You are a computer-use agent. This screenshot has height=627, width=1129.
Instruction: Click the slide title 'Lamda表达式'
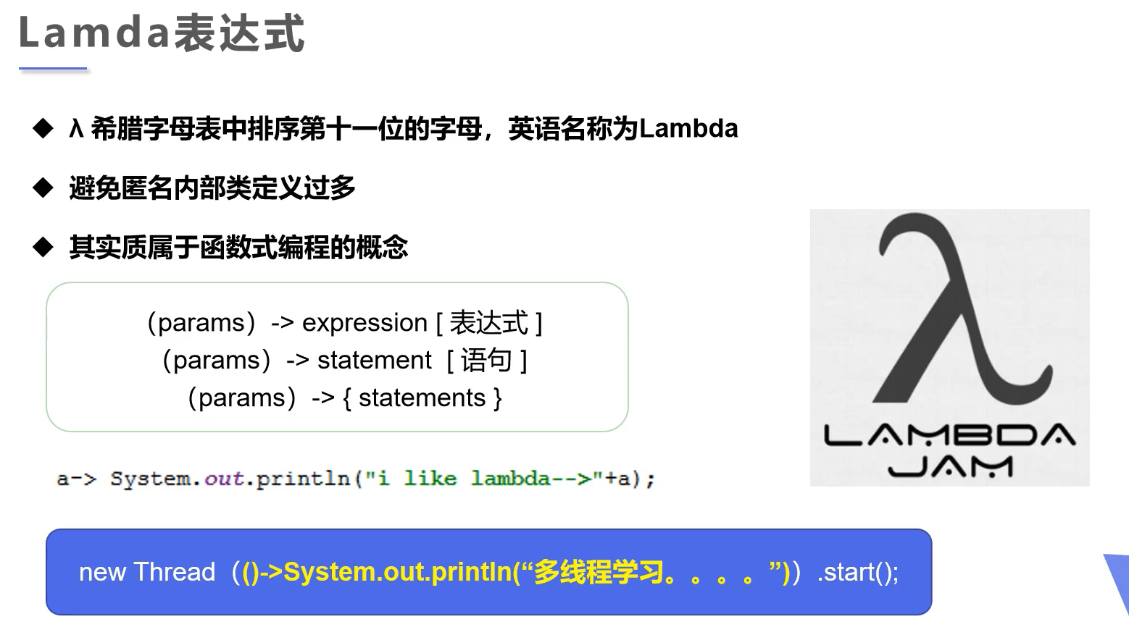pos(162,33)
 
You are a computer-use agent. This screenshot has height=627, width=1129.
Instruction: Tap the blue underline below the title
pos(53,68)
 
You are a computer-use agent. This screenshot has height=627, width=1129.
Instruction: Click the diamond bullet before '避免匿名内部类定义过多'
pos(43,188)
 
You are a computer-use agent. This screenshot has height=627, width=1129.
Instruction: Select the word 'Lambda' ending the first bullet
pos(688,128)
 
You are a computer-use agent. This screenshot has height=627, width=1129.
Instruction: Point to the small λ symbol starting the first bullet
pos(76,128)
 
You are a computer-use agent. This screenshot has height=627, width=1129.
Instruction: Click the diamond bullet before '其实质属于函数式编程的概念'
pos(43,247)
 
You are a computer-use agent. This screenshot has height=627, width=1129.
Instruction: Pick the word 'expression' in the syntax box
pos(364,323)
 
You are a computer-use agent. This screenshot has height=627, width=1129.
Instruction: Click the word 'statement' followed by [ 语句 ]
pos(374,360)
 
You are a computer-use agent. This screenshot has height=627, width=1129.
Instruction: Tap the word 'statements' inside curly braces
pos(422,398)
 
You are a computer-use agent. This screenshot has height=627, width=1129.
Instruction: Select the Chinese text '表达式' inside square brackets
pos(488,323)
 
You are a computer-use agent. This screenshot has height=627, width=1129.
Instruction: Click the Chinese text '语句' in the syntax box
pos(486,360)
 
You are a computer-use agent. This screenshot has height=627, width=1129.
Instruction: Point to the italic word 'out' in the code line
pos(224,479)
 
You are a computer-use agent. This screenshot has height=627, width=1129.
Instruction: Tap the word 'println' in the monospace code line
pos(303,479)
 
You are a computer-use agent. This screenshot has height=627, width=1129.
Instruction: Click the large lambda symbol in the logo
pos(962,308)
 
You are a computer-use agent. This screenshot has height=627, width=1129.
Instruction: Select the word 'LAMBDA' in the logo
pos(949,435)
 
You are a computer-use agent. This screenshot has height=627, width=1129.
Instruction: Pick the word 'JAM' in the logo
pos(950,467)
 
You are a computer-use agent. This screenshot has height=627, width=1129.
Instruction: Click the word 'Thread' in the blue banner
pos(175,572)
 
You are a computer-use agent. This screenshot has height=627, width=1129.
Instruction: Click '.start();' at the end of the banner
pos(857,573)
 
